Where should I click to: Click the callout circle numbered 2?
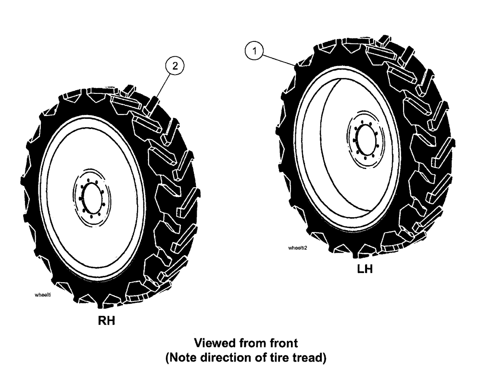pyautogui.click(x=175, y=67)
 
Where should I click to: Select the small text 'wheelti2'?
pyautogui.click(x=297, y=248)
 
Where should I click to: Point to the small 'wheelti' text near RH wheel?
pyautogui.click(x=43, y=297)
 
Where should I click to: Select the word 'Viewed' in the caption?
pyautogui.click(x=212, y=343)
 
